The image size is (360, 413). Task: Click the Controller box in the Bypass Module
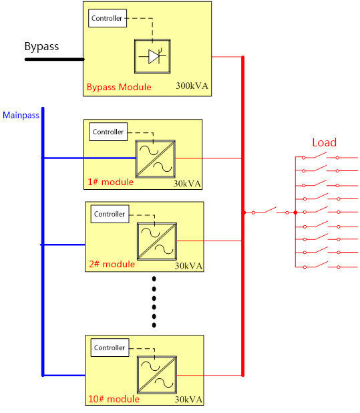[108, 18]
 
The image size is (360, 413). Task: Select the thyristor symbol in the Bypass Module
[152, 56]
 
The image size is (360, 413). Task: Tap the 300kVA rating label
[192, 86]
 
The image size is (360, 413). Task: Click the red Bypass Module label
[119, 87]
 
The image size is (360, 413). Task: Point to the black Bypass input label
[41, 46]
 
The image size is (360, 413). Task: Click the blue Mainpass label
[21, 115]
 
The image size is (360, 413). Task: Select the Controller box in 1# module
[108, 132]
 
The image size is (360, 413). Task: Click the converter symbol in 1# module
[155, 159]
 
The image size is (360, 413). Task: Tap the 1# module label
[110, 182]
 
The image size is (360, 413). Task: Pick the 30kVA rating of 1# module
[187, 184]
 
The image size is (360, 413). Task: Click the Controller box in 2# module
[110, 214]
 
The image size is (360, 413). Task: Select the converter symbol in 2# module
[157, 241]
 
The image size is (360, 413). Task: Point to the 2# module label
[112, 264]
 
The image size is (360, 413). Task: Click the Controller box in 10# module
[110, 348]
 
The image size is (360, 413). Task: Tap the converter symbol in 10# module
[157, 375]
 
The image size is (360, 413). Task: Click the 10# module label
[114, 399]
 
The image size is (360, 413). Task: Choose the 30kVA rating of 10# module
[188, 400]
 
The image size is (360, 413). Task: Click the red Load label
[324, 142]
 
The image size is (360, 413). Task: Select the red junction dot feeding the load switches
[295, 213]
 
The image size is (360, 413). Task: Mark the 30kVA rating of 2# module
[188, 266]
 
